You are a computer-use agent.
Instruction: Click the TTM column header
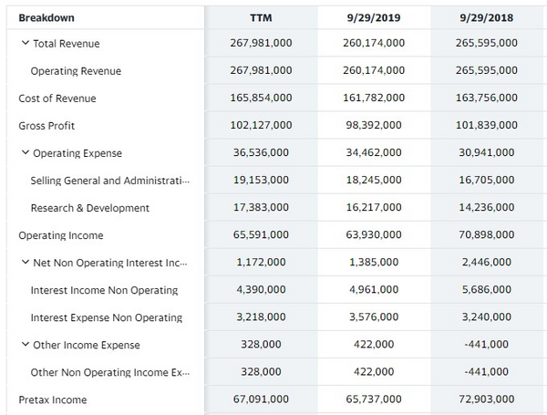pos(261,17)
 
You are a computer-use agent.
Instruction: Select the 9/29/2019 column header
pos(374,17)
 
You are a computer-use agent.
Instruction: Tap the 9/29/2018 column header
pos(488,17)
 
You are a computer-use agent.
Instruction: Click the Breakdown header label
pos(46,17)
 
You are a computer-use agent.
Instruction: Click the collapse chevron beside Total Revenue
pos(25,43)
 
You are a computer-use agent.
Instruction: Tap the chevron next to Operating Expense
pos(25,153)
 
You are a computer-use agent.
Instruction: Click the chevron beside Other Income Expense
pos(25,345)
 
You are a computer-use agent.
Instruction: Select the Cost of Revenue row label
pos(57,99)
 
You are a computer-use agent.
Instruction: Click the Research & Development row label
pos(90,208)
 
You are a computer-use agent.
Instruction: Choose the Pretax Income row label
pos(53,399)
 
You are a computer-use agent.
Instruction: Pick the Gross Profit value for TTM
pos(261,126)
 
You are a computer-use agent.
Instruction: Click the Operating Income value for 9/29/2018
pos(488,235)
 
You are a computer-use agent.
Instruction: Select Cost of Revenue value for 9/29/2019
pos(374,99)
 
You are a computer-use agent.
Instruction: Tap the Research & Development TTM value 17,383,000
pos(261,208)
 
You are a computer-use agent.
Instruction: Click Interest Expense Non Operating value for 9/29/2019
pos(374,317)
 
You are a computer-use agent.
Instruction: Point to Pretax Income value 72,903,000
pos(488,399)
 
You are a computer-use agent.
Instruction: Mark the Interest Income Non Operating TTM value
pos(261,290)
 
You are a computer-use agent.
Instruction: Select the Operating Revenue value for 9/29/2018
pos(488,71)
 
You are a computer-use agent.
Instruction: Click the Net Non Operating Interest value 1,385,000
pos(374,263)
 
